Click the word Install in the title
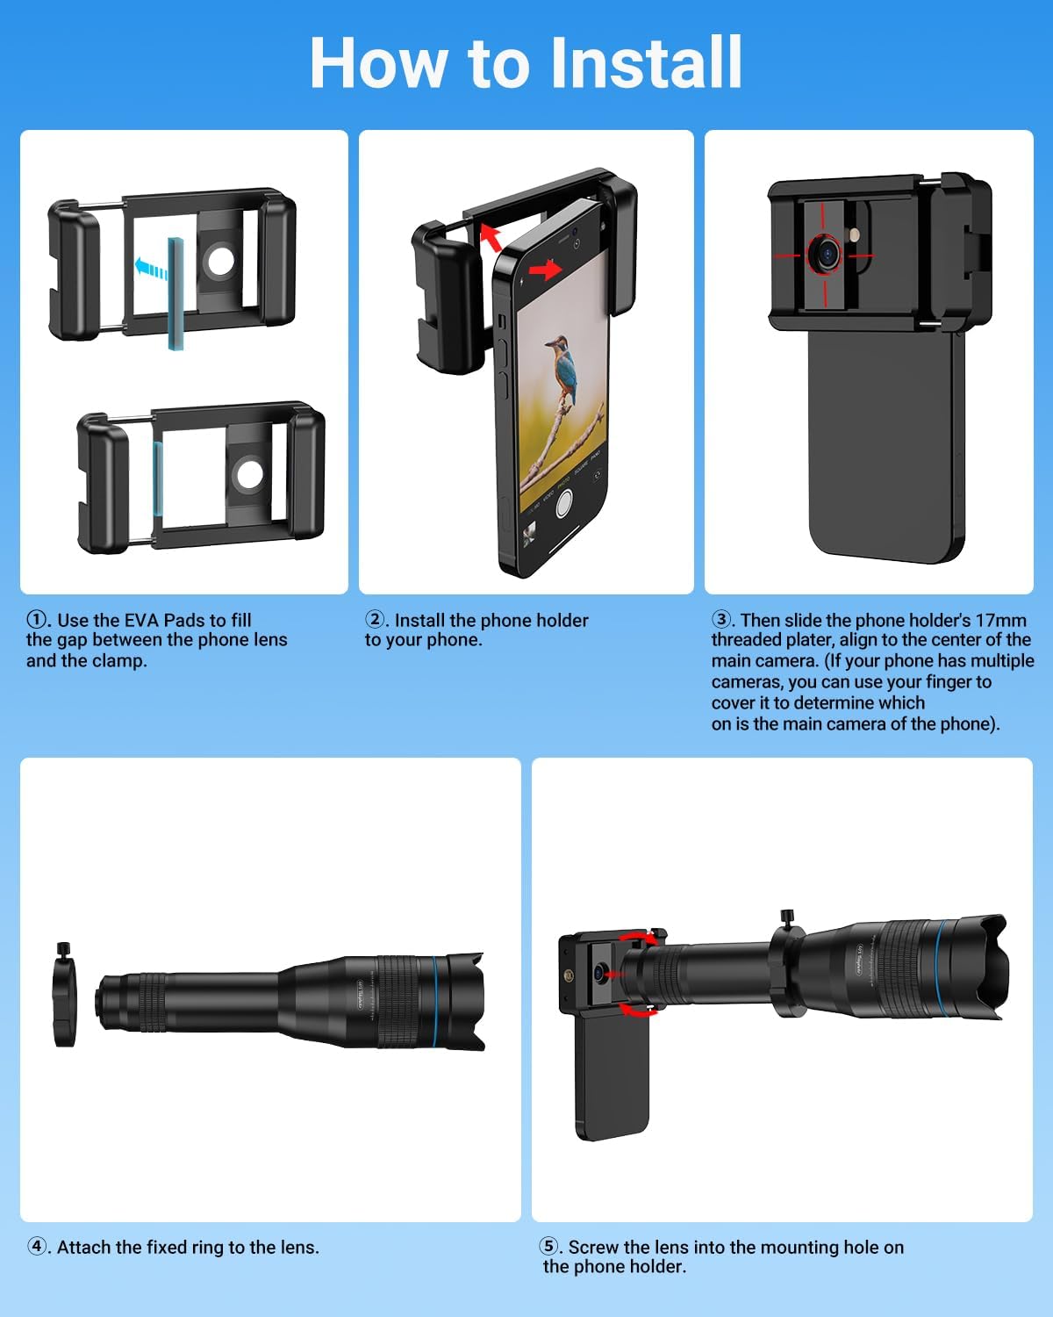pos(646,62)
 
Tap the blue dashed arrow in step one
pos(151,268)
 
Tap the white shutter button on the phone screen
pos(563,502)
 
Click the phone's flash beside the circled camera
pos(855,234)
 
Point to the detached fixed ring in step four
pos(64,994)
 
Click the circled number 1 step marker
pos(36,619)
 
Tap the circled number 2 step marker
pos(374,619)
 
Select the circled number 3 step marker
pos(720,619)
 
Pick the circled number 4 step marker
pos(37,1246)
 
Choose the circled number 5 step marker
pos(548,1246)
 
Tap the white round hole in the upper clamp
pos(220,261)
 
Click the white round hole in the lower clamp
pos(249,475)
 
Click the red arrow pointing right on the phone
pos(545,270)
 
